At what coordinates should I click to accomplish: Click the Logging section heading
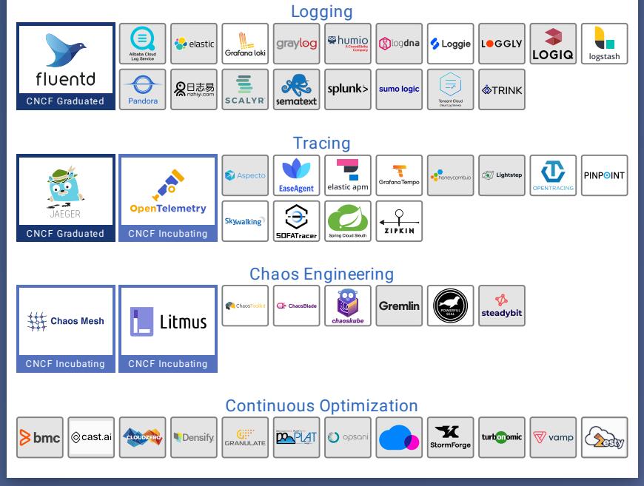pos(321,12)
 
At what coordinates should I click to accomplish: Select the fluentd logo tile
pos(66,61)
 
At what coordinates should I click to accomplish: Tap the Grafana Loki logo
pos(245,44)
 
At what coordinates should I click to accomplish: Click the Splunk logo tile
pos(348,90)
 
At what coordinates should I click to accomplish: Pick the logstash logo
pos(604,44)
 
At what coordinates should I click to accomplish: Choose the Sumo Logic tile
pos(399,90)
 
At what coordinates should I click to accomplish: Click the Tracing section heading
pos(321,144)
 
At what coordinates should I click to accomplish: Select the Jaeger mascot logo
pos(66,192)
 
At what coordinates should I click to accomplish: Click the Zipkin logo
pos(399,221)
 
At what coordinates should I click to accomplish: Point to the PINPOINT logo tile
pos(604,175)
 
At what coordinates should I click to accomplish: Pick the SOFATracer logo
pos(297,221)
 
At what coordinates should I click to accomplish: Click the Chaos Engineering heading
pos(321,274)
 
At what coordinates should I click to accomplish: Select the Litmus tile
pos(168,322)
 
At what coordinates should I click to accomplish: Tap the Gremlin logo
pos(399,306)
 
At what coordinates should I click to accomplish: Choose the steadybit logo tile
pos(502,306)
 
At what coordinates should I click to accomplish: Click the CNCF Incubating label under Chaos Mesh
pos(66,364)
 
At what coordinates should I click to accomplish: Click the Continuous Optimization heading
pos(321,406)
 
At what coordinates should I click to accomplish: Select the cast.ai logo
pos(91,437)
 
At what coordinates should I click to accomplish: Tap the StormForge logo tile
pos(450,437)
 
